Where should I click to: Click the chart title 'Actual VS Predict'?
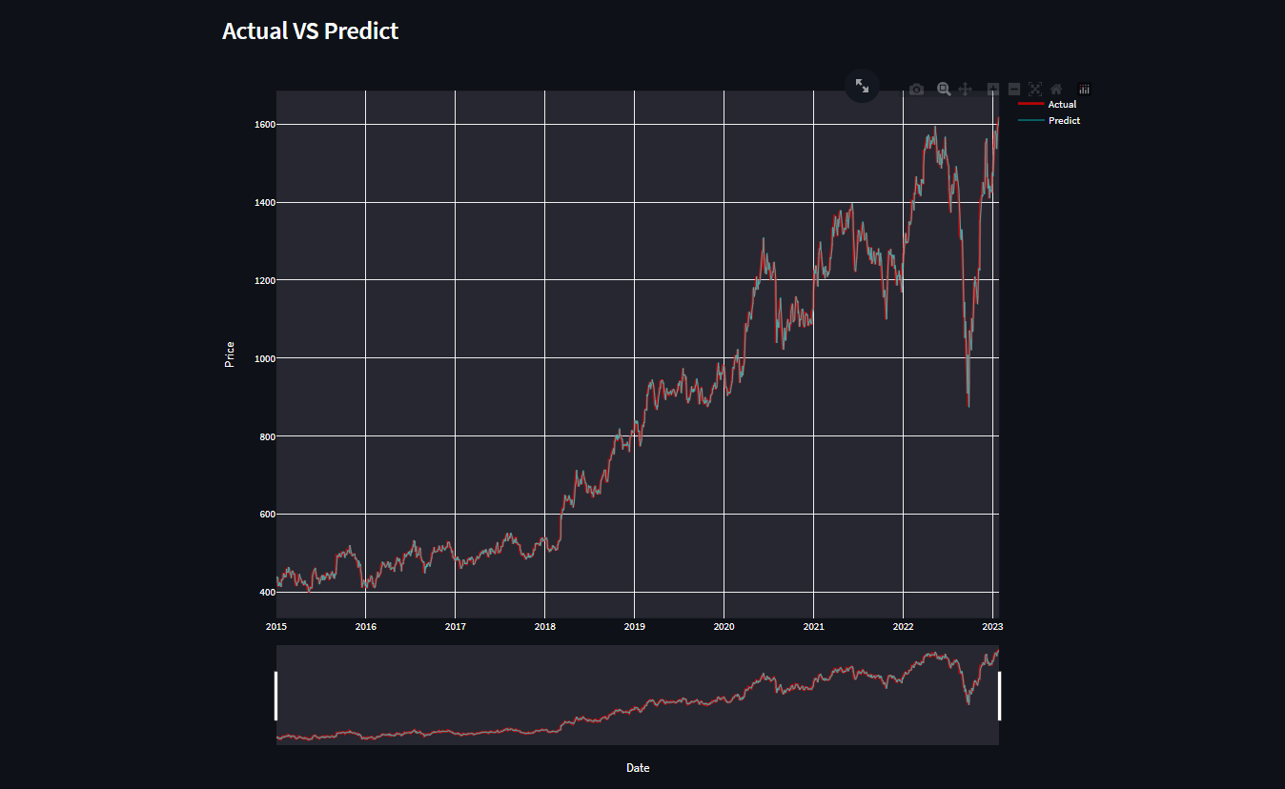(x=310, y=30)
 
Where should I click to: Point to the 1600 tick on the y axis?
(x=264, y=124)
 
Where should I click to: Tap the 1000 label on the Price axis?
(x=264, y=358)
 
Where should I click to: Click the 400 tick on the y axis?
(x=266, y=592)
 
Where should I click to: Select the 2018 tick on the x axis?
(x=544, y=626)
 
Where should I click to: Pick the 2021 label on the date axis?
(x=813, y=626)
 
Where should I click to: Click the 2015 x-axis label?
(x=276, y=626)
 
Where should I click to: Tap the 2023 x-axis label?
(x=992, y=626)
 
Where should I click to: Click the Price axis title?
(x=229, y=354)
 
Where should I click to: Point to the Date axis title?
(x=638, y=768)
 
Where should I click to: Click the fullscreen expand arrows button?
(x=862, y=86)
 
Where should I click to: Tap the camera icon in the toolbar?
(x=916, y=90)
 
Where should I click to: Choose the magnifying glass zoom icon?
(x=944, y=89)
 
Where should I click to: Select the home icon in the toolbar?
(x=1056, y=89)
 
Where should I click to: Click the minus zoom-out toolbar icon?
(x=1014, y=89)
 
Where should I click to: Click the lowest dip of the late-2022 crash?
(x=969, y=407)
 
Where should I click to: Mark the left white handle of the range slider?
(x=275, y=696)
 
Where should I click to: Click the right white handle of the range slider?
(x=999, y=696)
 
